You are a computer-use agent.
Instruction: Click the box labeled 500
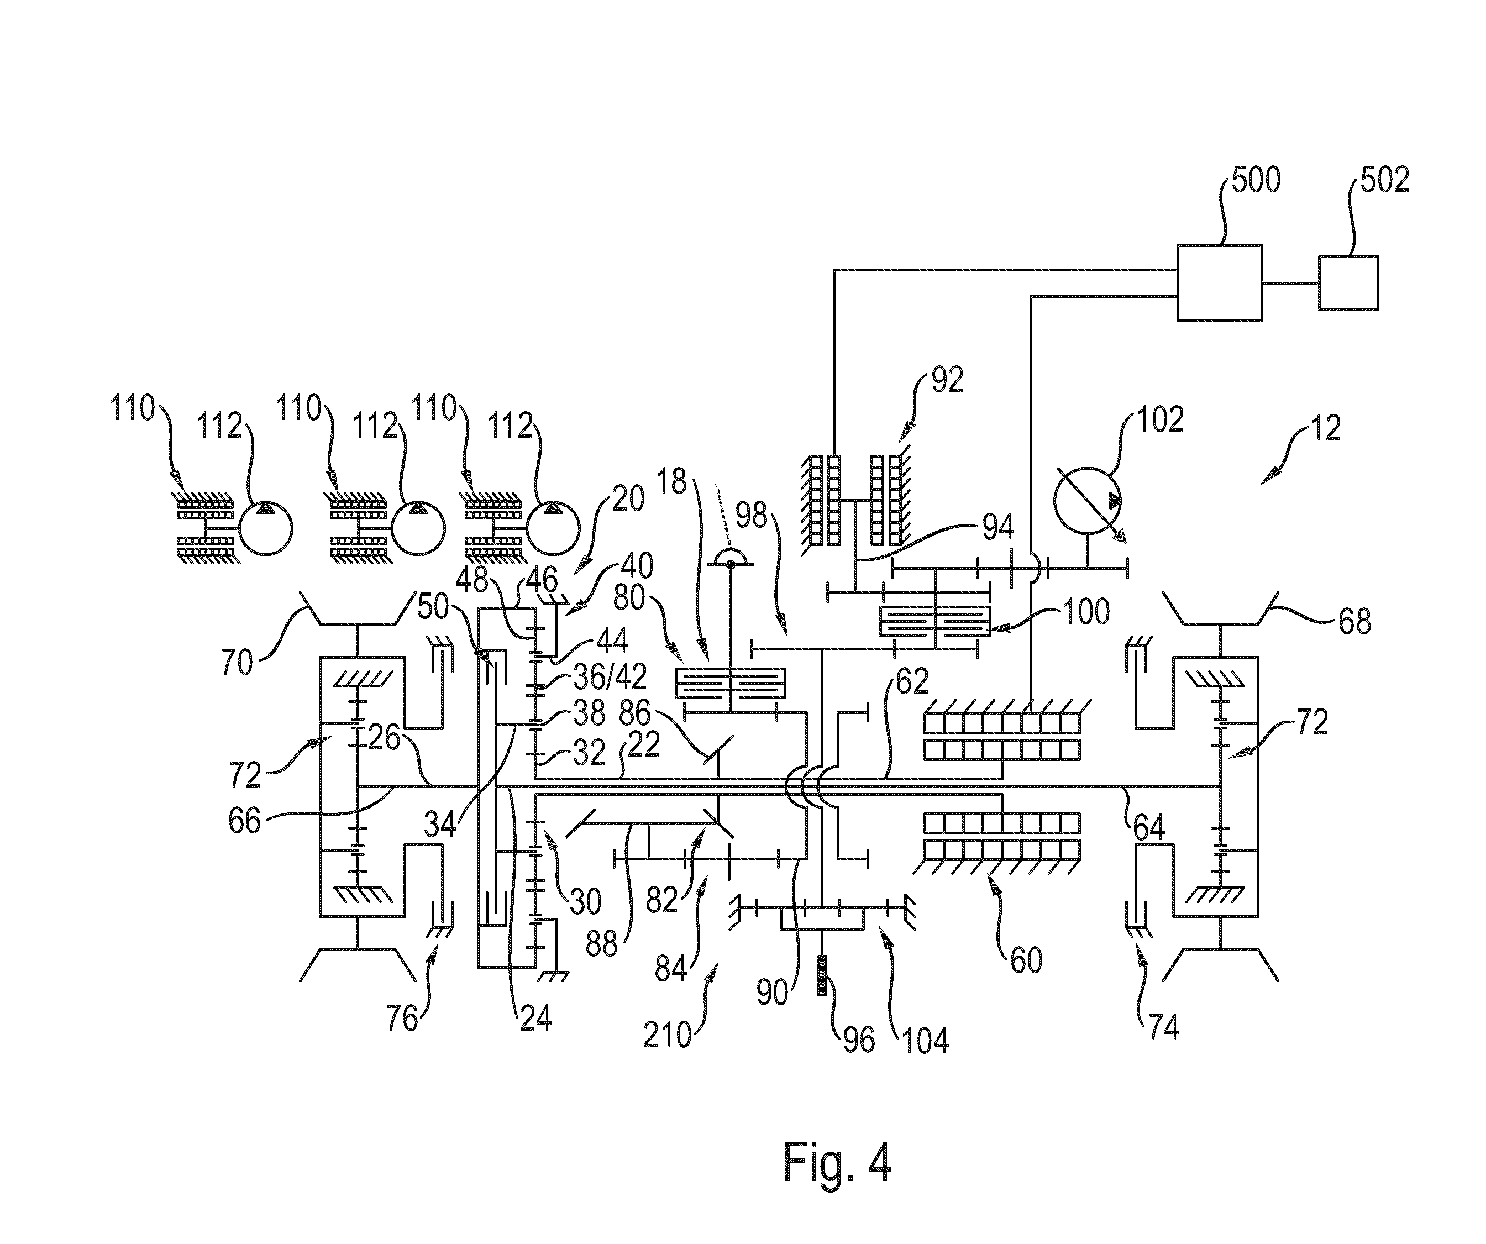tap(1219, 283)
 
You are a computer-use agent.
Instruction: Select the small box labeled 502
tap(1348, 283)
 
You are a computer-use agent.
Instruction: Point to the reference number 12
tap(1325, 429)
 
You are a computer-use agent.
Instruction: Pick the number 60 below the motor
tap(1026, 960)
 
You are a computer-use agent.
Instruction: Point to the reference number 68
tap(1354, 621)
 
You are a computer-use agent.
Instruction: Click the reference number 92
tap(947, 380)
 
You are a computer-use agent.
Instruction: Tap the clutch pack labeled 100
tap(935, 621)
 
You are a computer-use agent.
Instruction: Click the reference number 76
tap(402, 1019)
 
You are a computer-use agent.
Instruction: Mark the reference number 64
tap(1148, 827)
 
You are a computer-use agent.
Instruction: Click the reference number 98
tap(751, 516)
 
